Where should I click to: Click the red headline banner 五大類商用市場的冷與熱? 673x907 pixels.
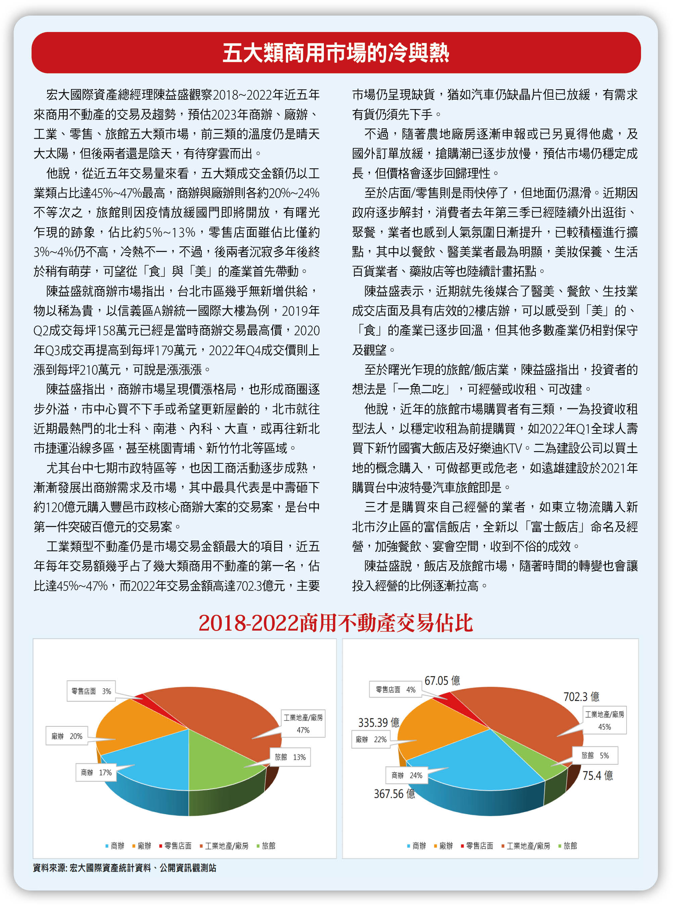tap(336, 53)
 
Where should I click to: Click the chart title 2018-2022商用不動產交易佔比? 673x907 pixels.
tap(336, 623)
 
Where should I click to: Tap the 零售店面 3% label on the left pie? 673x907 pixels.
tap(91, 691)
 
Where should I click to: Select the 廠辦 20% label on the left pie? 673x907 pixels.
tap(67, 736)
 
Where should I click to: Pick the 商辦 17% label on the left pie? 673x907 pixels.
tap(96, 772)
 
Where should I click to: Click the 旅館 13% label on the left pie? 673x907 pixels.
tap(290, 757)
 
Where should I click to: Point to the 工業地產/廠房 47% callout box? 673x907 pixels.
tap(303, 723)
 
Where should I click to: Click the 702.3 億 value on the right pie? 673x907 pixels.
tap(581, 697)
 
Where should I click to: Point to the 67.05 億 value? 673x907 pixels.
tap(442, 680)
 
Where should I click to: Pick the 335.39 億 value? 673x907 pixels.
tap(378, 723)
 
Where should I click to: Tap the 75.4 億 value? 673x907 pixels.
tap(597, 775)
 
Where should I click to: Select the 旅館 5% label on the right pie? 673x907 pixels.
tap(595, 755)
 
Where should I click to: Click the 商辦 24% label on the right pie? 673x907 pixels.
tap(407, 775)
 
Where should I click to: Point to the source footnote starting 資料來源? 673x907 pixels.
tap(125, 868)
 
